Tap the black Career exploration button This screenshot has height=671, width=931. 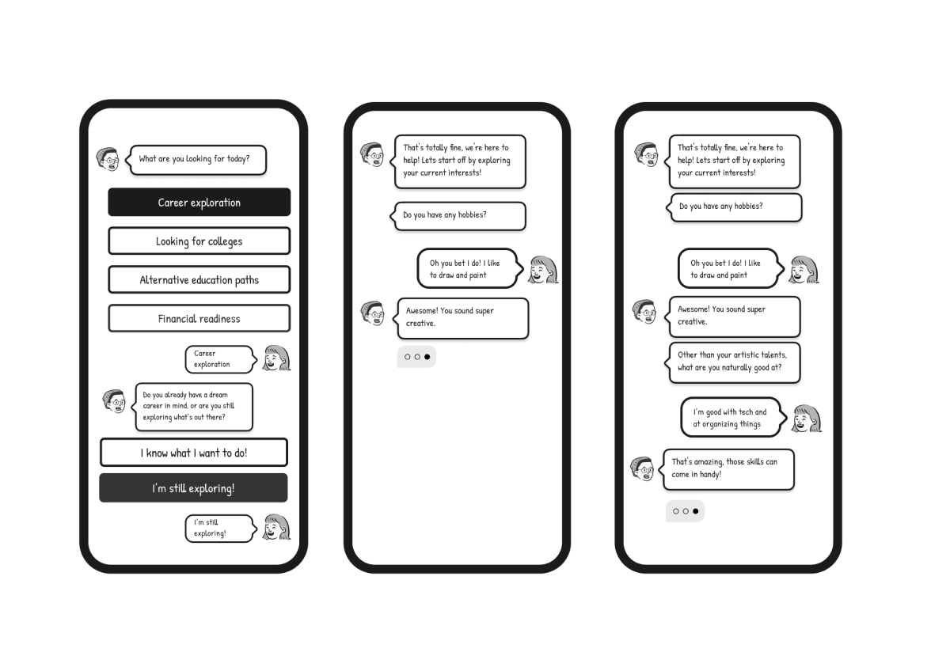[x=199, y=203]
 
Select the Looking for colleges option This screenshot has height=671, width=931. [x=199, y=241]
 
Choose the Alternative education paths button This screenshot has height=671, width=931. [x=199, y=279]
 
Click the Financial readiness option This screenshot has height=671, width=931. [x=199, y=319]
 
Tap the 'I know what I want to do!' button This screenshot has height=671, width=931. [x=193, y=453]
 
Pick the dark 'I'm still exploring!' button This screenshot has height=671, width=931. [x=193, y=488]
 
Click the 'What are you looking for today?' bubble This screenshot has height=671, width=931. [x=196, y=160]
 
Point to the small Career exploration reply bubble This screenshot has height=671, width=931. [x=220, y=359]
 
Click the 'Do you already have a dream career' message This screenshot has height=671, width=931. [x=192, y=407]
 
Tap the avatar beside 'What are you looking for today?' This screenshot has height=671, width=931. [x=108, y=159]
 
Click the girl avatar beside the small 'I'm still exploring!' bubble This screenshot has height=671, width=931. [x=277, y=528]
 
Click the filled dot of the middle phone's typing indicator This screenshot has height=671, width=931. [x=427, y=357]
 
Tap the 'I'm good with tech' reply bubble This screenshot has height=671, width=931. [x=733, y=418]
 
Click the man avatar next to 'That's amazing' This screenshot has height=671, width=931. [x=643, y=468]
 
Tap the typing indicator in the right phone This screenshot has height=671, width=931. [x=686, y=511]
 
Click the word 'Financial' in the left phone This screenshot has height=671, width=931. [x=177, y=319]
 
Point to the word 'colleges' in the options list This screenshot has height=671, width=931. [x=225, y=241]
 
